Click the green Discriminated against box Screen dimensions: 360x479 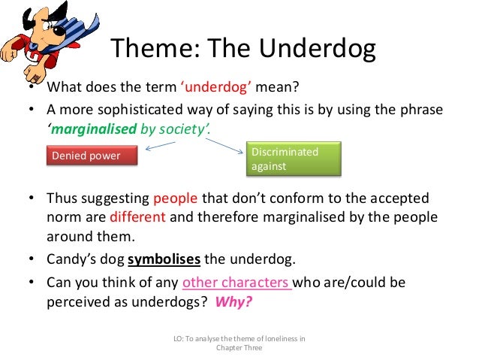point(294,159)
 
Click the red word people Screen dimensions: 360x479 point(176,199)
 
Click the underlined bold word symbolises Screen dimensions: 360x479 point(164,261)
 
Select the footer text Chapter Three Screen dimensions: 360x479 point(239,349)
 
